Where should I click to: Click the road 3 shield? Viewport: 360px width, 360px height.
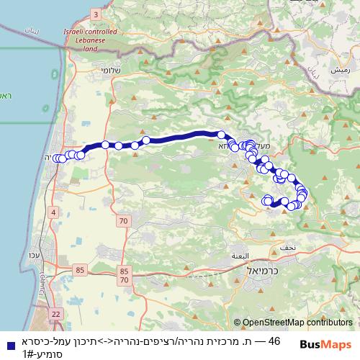click(96, 14)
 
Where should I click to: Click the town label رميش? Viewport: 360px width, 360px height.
click(341, 71)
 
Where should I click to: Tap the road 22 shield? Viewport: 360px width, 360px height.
click(56, 313)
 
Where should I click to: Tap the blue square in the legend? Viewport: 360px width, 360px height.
click(7, 343)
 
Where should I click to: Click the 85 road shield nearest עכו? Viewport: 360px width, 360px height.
click(78, 270)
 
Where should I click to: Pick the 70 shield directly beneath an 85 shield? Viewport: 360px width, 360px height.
click(125, 280)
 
